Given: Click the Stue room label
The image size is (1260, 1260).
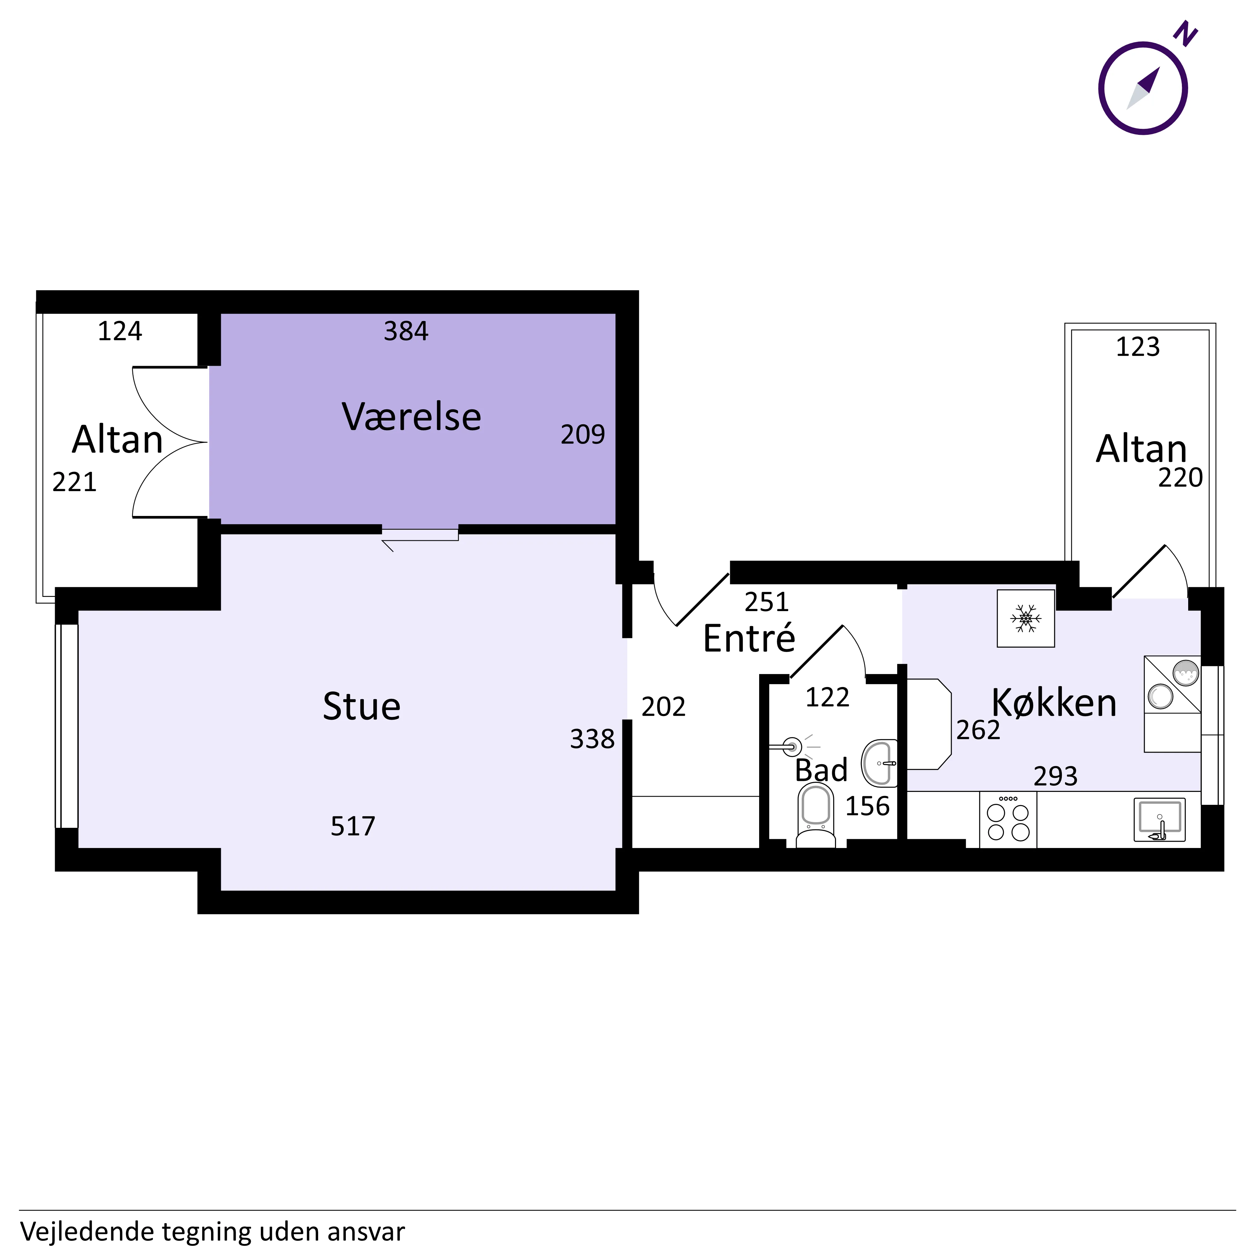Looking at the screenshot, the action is [x=362, y=706].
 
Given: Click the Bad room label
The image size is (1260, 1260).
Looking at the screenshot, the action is [x=821, y=770].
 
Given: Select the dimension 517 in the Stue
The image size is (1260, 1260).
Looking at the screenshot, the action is [x=353, y=826].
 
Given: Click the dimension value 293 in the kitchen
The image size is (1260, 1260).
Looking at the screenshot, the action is [x=1055, y=776].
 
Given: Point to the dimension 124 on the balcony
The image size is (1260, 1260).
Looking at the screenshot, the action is [x=120, y=331].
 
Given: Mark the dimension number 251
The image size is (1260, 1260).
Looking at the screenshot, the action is [x=767, y=602].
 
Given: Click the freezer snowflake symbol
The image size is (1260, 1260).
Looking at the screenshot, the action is [x=1026, y=618].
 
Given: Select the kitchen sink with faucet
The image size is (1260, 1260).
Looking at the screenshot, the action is [x=1160, y=820].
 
